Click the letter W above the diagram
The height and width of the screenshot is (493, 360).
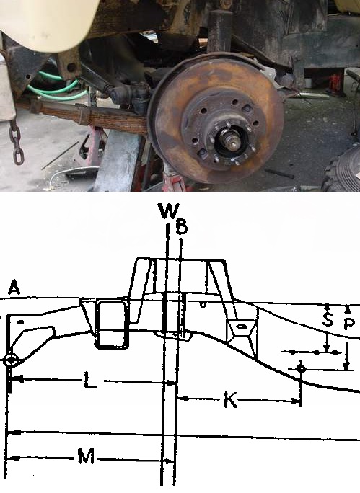pos(170,211)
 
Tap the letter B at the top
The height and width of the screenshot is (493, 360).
pos(182,227)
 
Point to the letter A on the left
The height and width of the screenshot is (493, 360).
pos(14,288)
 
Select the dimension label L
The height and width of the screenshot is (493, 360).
pos(90,381)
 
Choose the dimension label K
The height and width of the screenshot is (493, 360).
pos(230,399)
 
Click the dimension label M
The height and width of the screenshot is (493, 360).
pos(86,456)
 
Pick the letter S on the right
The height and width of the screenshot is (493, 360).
pos(328,319)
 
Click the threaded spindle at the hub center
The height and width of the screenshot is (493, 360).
pos(231,140)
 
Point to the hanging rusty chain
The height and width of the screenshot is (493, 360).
pos(16,141)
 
